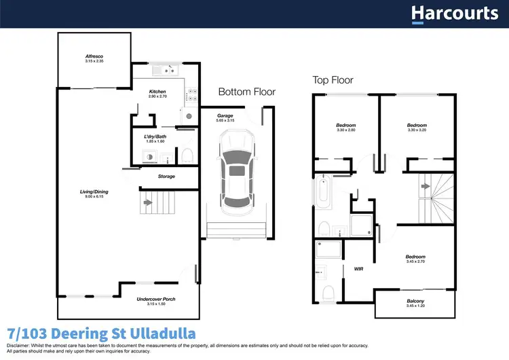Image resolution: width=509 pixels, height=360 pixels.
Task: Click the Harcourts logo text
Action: click(x=454, y=14)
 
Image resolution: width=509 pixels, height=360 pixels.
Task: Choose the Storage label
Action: click(x=166, y=177)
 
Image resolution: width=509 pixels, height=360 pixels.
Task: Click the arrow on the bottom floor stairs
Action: click(x=147, y=202)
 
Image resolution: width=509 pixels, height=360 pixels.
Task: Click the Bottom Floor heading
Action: click(x=247, y=92)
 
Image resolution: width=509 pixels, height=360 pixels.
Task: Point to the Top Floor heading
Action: click(x=333, y=80)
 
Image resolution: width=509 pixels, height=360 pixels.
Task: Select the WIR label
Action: click(x=359, y=268)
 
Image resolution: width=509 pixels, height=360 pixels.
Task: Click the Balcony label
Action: click(x=416, y=301)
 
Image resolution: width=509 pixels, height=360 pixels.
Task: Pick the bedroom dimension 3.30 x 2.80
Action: click(x=345, y=130)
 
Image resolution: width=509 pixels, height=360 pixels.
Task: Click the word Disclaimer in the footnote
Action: click(x=20, y=346)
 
